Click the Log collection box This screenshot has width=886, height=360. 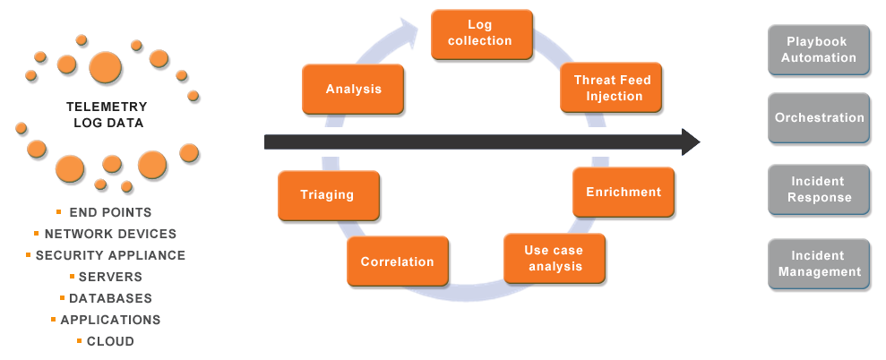click(x=481, y=34)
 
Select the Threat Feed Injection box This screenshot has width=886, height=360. click(x=612, y=88)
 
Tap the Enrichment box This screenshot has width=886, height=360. click(x=623, y=193)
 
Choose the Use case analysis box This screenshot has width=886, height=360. click(x=555, y=259)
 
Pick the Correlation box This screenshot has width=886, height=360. click(x=397, y=262)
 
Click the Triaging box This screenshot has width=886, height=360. click(x=328, y=195)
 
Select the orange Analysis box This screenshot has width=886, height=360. click(x=353, y=90)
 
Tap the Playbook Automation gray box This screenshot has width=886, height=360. click(x=818, y=50)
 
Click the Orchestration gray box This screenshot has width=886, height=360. click(x=818, y=117)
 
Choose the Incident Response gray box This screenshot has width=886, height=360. click(x=818, y=190)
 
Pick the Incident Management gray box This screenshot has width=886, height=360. click(x=818, y=264)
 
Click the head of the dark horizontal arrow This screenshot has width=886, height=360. click(x=690, y=141)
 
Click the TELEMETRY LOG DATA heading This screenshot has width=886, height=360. click(x=108, y=115)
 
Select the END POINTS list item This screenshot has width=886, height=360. click(x=110, y=213)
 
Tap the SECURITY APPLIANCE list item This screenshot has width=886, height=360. click(x=110, y=255)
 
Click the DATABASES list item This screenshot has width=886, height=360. click(x=110, y=298)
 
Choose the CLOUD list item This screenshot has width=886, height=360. click(x=110, y=341)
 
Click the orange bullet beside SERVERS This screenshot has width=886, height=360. click(x=72, y=276)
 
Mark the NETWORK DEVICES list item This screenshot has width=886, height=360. click(x=110, y=234)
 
